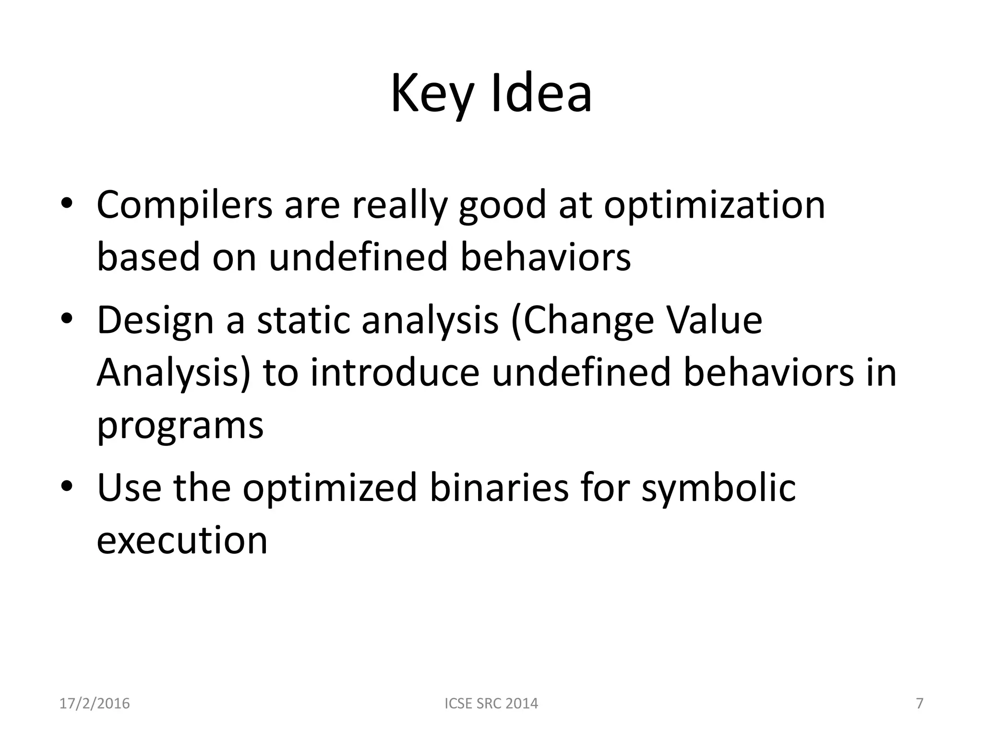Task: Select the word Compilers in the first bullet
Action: coord(185,205)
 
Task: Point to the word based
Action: coord(148,257)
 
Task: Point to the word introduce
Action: coord(395,373)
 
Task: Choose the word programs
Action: coord(180,427)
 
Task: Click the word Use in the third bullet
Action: coord(129,487)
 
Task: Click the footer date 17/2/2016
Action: coord(95,703)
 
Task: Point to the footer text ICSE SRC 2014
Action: coord(491,703)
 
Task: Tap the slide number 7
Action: coord(920,703)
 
